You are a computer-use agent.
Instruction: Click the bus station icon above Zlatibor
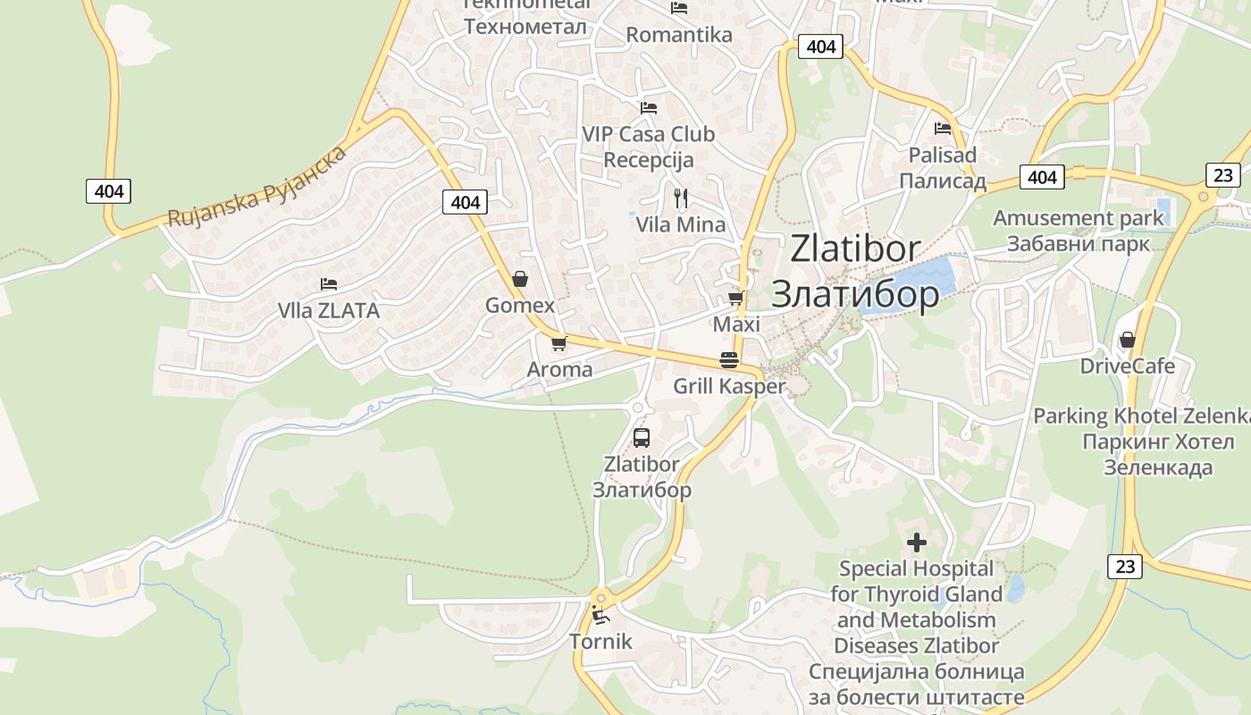point(642,438)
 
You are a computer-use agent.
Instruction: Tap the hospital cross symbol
point(916,543)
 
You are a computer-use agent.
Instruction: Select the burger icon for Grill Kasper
point(729,360)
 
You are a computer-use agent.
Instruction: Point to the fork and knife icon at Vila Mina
point(681,198)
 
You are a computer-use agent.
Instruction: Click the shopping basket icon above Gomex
point(520,279)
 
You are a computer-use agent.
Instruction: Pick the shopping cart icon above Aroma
point(559,343)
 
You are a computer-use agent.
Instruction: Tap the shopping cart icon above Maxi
point(736,298)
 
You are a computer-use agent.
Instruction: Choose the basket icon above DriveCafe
point(1128,340)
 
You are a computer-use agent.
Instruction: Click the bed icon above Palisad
point(943,129)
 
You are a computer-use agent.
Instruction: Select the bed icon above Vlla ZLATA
point(329,284)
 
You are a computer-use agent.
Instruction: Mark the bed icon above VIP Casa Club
point(649,108)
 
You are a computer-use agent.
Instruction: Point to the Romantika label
point(679,35)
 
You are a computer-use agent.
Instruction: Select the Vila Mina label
point(681,224)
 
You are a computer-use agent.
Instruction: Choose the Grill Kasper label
point(729,386)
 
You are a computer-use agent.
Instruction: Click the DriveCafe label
point(1128,366)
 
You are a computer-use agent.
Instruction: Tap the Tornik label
point(600,641)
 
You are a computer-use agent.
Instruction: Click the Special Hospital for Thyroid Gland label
point(916,593)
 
